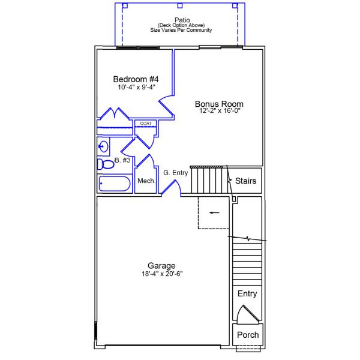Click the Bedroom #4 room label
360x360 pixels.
tap(136, 79)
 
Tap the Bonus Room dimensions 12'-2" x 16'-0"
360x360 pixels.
tap(220, 110)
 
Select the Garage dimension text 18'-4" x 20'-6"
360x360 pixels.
tap(162, 274)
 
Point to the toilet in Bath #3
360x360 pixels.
tap(106, 164)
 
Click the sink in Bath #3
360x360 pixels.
tap(103, 146)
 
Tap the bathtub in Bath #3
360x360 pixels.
tap(115, 184)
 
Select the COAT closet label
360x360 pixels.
tap(146, 124)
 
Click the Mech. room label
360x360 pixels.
tap(146, 181)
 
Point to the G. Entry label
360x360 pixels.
tap(176, 173)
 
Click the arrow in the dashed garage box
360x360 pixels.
tap(214, 212)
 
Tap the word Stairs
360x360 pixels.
tap(245, 181)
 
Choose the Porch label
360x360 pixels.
tap(248, 335)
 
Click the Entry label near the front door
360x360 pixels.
tap(247, 293)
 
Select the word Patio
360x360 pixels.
tap(182, 20)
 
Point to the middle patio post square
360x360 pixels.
tap(180, 5)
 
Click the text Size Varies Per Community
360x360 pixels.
tap(181, 30)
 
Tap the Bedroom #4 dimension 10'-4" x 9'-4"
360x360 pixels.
tap(137, 87)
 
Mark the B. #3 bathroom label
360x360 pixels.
tap(122, 160)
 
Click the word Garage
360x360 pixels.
tap(161, 266)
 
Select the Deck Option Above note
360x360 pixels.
tap(181, 25)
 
